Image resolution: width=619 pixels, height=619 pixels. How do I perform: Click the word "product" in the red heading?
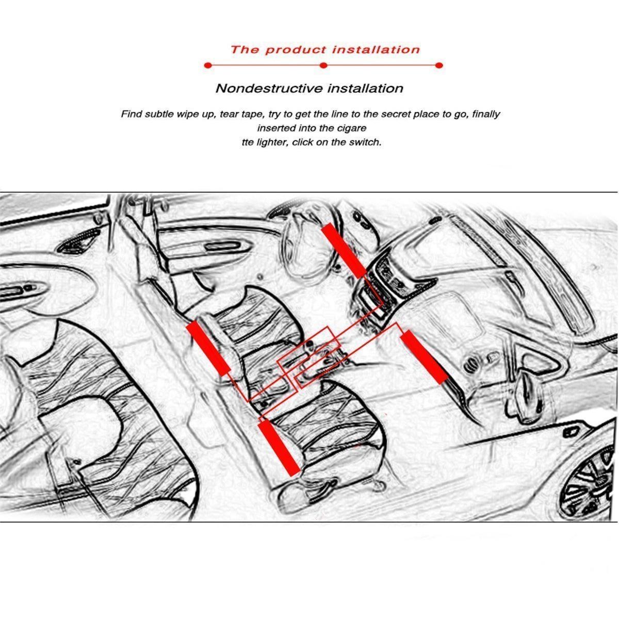pyautogui.click(x=296, y=50)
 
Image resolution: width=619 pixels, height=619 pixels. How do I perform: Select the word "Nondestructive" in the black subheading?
pyautogui.click(x=269, y=88)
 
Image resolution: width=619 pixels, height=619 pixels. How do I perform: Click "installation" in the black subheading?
pyautogui.click(x=365, y=88)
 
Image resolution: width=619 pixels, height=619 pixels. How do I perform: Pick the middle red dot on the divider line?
pyautogui.click(x=323, y=66)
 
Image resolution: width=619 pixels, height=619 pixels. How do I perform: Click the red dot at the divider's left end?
pyautogui.click(x=208, y=66)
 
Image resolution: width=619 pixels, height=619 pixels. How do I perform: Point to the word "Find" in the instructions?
pyautogui.click(x=131, y=114)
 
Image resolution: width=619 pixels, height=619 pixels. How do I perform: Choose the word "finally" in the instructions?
pyautogui.click(x=486, y=115)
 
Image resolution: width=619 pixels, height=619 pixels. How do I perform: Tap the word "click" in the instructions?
pyautogui.click(x=302, y=142)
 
